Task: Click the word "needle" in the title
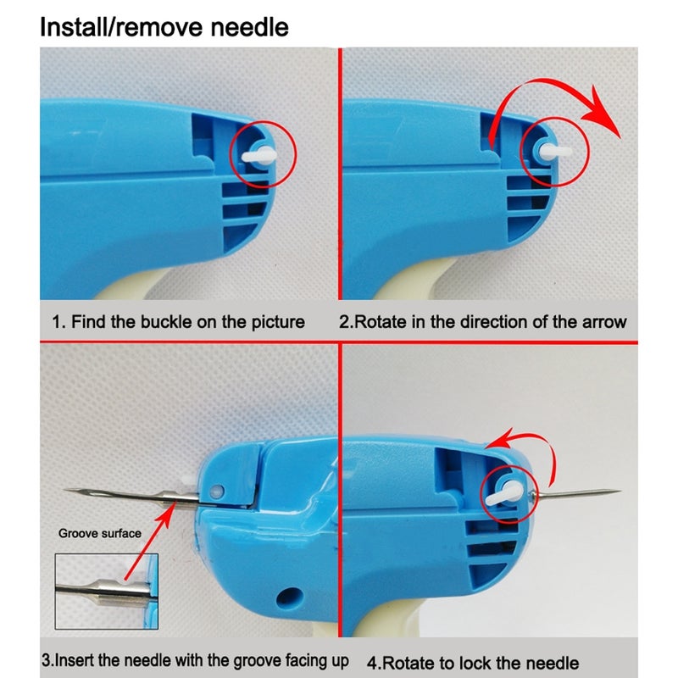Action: click(249, 27)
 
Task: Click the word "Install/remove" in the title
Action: click(121, 27)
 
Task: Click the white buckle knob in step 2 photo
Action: click(555, 152)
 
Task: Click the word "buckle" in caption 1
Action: click(166, 322)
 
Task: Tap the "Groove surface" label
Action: click(100, 533)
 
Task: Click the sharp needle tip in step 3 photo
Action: click(65, 490)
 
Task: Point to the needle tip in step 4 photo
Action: click(620, 491)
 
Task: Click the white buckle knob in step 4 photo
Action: click(503, 493)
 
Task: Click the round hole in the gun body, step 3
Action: click(286, 597)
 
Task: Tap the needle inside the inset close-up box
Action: click(103, 590)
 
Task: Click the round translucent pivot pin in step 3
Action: click(216, 492)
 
